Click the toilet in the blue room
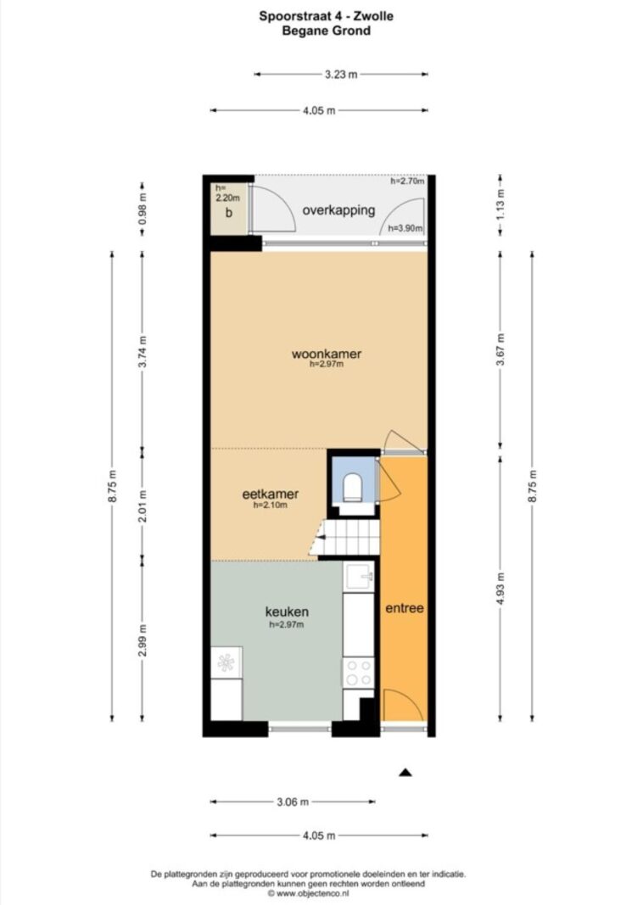[x=352, y=487]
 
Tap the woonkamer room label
[x=326, y=354]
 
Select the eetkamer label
[x=270, y=494]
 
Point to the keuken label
[x=287, y=612]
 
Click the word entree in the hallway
[x=405, y=608]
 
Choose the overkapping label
[x=338, y=210]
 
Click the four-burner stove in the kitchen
[x=359, y=673]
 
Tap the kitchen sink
[x=359, y=576]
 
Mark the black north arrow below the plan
[x=405, y=772]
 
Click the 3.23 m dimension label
[x=341, y=74]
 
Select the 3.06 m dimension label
[x=293, y=802]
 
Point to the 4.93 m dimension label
[x=500, y=589]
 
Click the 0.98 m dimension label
[x=143, y=207]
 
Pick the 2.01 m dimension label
[x=143, y=505]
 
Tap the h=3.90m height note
[x=405, y=228]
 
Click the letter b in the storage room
[x=229, y=212]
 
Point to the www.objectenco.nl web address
[x=312, y=894]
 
